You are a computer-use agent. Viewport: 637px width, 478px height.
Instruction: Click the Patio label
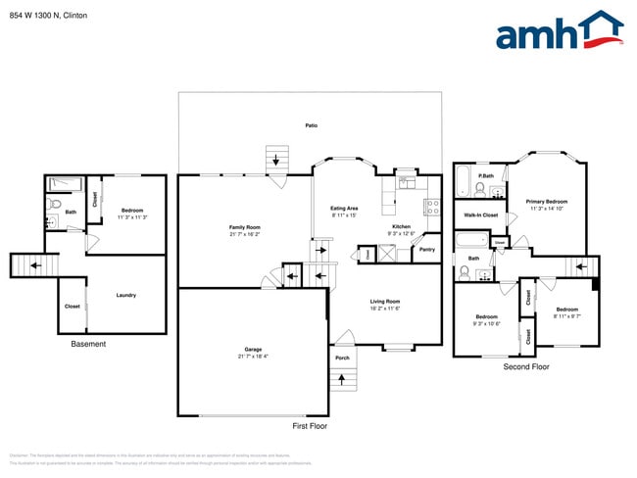(x=311, y=126)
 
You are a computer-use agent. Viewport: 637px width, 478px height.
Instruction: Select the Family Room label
(x=244, y=228)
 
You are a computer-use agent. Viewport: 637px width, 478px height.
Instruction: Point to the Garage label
(x=252, y=350)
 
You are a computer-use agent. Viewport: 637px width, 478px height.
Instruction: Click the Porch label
(x=342, y=358)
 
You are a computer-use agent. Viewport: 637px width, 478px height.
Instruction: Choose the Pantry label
(x=426, y=250)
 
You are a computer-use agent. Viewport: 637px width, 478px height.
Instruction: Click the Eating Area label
(x=344, y=209)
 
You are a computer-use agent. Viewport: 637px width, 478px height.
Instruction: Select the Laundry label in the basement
(x=125, y=295)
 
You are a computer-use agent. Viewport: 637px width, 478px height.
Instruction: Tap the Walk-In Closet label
(x=481, y=215)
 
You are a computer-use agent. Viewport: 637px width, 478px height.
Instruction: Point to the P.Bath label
(x=485, y=176)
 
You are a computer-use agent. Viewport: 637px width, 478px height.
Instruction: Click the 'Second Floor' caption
(x=526, y=366)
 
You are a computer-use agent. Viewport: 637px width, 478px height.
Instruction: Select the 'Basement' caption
(x=88, y=344)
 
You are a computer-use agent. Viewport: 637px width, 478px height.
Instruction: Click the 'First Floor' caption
(x=310, y=426)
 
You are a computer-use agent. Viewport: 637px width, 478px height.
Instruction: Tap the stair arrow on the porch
(x=342, y=378)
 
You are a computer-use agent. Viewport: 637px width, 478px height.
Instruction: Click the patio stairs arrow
(x=276, y=160)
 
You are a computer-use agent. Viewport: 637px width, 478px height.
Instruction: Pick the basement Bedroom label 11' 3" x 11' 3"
(x=132, y=212)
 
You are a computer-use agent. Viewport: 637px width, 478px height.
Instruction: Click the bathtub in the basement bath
(x=67, y=182)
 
